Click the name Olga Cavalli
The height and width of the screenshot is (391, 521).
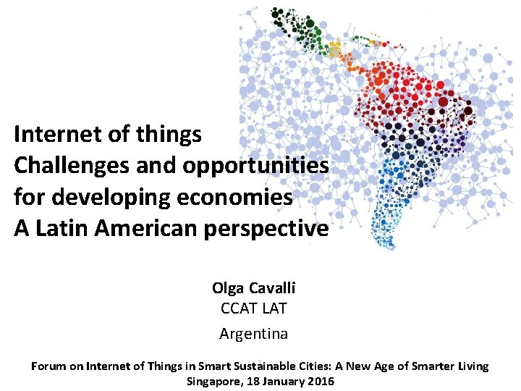click(253, 287)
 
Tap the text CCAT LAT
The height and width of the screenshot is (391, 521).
click(253, 308)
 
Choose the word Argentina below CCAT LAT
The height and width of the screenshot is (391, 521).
click(253, 334)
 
